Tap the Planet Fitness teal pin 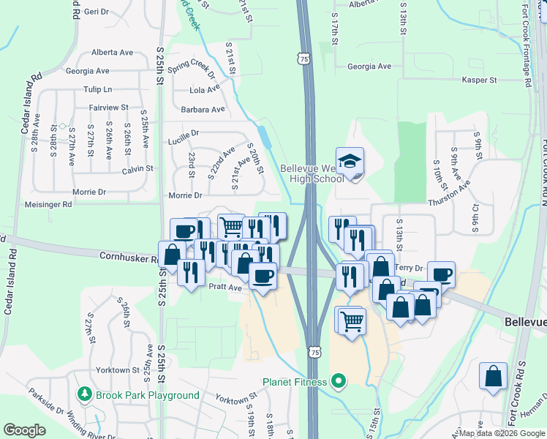click(x=338, y=380)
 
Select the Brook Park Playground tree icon click(x=85, y=395)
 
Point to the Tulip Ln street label click(x=98, y=89)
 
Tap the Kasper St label click(x=479, y=80)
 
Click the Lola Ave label click(x=205, y=89)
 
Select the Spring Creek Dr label click(x=191, y=70)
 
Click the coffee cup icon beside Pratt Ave click(x=263, y=276)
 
